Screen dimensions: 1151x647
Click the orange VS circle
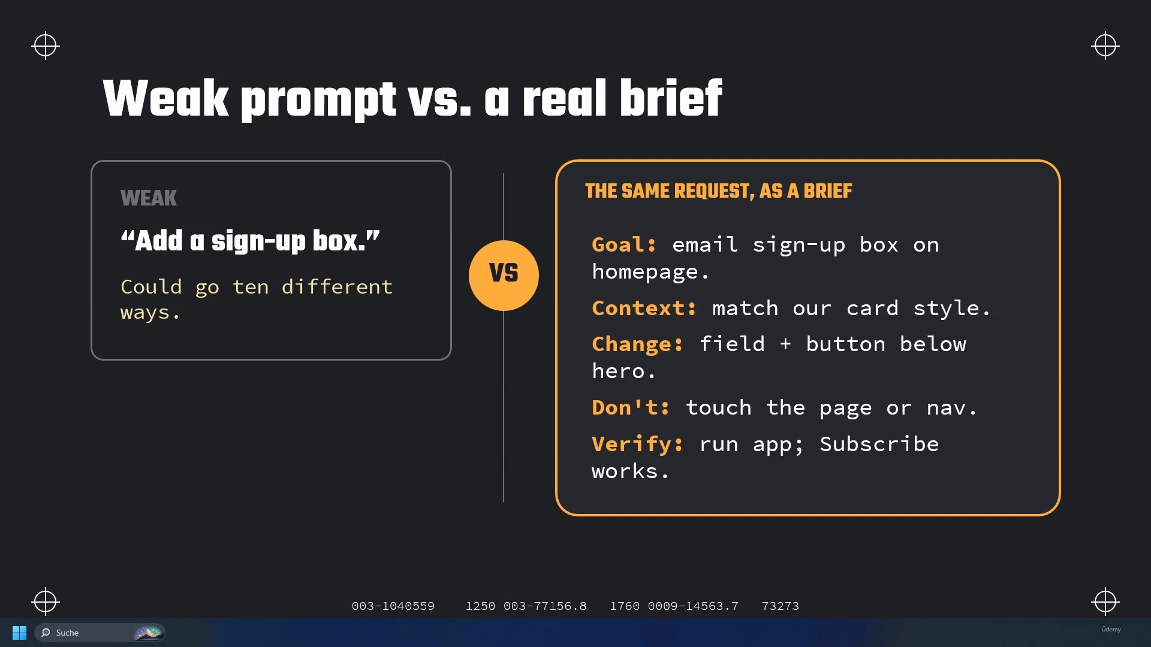(504, 276)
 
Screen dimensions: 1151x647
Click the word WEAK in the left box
(149, 198)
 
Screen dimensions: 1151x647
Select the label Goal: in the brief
(624, 245)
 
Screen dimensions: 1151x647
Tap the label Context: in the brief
(644, 308)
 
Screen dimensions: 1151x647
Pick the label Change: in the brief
(637, 344)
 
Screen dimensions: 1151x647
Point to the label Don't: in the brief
(631, 408)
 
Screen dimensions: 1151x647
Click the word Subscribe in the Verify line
(879, 444)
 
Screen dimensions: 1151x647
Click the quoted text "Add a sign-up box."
(250, 241)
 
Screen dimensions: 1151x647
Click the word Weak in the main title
(166, 98)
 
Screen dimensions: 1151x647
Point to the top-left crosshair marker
(46, 46)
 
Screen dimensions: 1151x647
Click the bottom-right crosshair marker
(1105, 601)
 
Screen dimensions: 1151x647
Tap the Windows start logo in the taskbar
(19, 633)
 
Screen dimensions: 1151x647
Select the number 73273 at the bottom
(780, 606)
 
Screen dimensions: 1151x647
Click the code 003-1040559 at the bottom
(393, 606)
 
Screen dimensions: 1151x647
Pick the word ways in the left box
(145, 313)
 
